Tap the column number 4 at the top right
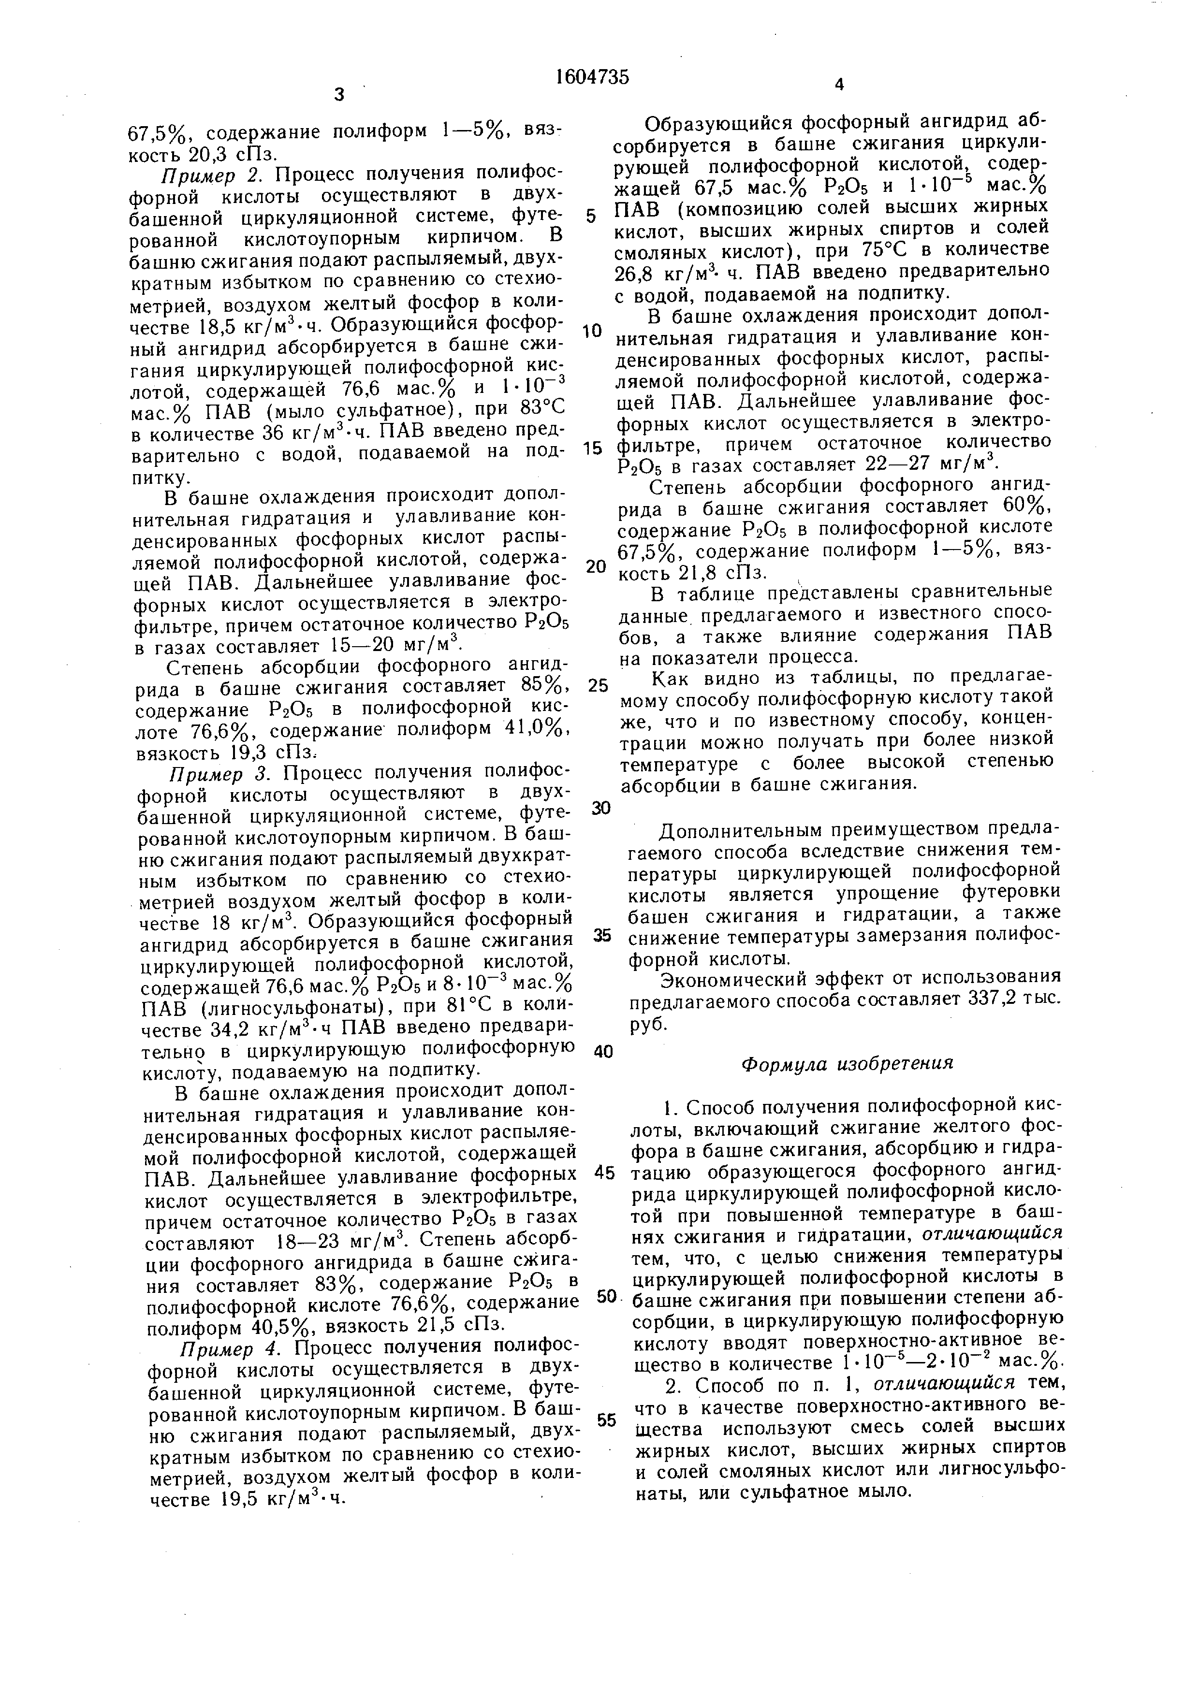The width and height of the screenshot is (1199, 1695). [x=838, y=86]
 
